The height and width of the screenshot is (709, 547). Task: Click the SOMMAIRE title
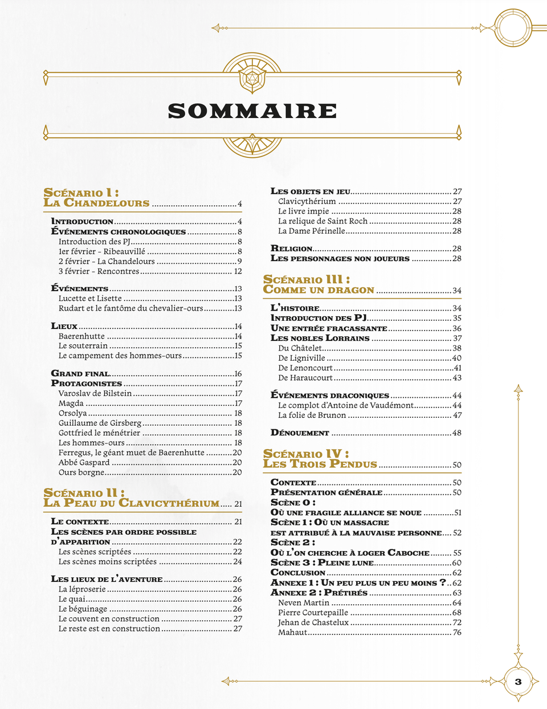252,111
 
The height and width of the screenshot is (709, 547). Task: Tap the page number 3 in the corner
518,682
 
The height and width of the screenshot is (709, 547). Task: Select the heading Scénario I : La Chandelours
96,198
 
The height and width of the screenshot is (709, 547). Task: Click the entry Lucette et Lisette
90,298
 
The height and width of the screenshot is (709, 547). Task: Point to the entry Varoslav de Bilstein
95,393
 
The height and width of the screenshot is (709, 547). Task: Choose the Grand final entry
80,374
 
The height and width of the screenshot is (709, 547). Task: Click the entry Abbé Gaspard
84,462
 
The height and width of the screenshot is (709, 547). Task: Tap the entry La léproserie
82,589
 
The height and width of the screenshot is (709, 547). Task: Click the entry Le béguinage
83,609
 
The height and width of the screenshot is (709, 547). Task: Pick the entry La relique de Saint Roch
323,221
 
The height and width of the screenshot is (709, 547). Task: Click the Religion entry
291,248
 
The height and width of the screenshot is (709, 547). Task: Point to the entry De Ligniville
301,358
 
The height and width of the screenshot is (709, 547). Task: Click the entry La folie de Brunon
312,415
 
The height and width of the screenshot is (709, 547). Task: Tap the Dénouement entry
300,433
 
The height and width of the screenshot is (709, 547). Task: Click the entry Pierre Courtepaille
313,613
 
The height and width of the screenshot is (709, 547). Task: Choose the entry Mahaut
292,632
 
